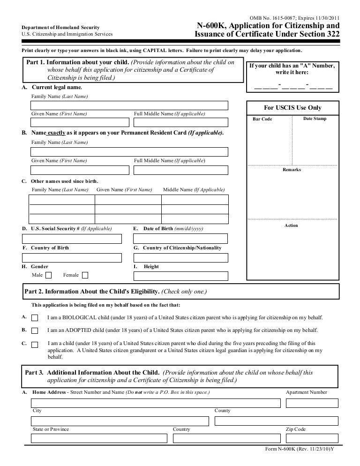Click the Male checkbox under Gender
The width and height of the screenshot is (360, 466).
(49, 275)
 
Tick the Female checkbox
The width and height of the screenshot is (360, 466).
(85, 275)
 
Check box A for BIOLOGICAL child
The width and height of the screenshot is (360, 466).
(35, 318)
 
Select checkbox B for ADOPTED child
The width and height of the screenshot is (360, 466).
(35, 331)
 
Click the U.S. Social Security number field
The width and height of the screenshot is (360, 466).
(72, 238)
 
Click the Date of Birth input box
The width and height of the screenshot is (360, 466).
(181, 238)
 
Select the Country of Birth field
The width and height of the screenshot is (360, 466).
(72, 257)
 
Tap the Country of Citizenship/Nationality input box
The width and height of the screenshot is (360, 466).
(181, 257)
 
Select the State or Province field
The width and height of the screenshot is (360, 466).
(99, 438)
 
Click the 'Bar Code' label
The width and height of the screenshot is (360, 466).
(262, 119)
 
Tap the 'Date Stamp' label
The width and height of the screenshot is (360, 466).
(315, 119)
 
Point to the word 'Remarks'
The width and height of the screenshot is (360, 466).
(292, 170)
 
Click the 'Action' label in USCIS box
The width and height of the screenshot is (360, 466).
(291, 225)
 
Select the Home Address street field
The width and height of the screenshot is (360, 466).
(156, 403)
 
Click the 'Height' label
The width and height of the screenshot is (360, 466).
(151, 267)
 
